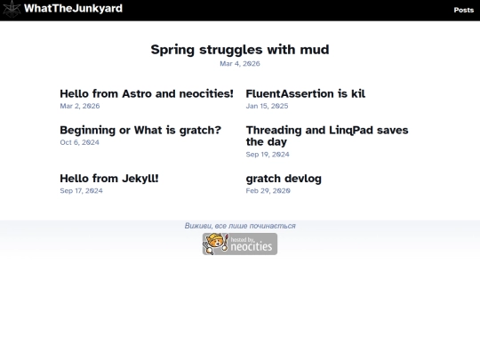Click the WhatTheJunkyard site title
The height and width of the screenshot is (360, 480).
coord(73,9)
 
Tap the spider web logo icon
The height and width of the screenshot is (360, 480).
coord(12,10)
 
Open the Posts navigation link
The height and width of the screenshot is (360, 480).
coord(463,10)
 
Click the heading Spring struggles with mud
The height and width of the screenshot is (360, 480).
coord(240,49)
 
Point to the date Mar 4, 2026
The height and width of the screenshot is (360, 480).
coord(240,64)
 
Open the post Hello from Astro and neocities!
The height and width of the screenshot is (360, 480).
coord(147,93)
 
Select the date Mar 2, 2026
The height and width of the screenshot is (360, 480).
coord(80,106)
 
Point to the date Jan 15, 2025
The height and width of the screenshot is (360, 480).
coord(267,106)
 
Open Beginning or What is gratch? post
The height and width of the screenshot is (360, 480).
coord(140,130)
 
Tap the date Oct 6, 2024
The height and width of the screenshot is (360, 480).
coord(79,142)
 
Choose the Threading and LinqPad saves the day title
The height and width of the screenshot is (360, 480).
coord(327,135)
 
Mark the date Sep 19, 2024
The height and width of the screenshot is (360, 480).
coord(268,154)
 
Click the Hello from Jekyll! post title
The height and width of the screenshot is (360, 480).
coord(109,179)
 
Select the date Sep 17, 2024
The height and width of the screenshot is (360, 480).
coord(81,190)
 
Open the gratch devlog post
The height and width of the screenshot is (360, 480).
coord(284,179)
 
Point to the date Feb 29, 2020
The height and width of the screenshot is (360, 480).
coord(268,190)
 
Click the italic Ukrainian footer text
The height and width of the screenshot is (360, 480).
coord(240,226)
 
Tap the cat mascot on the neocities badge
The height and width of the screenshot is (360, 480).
coord(215,244)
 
